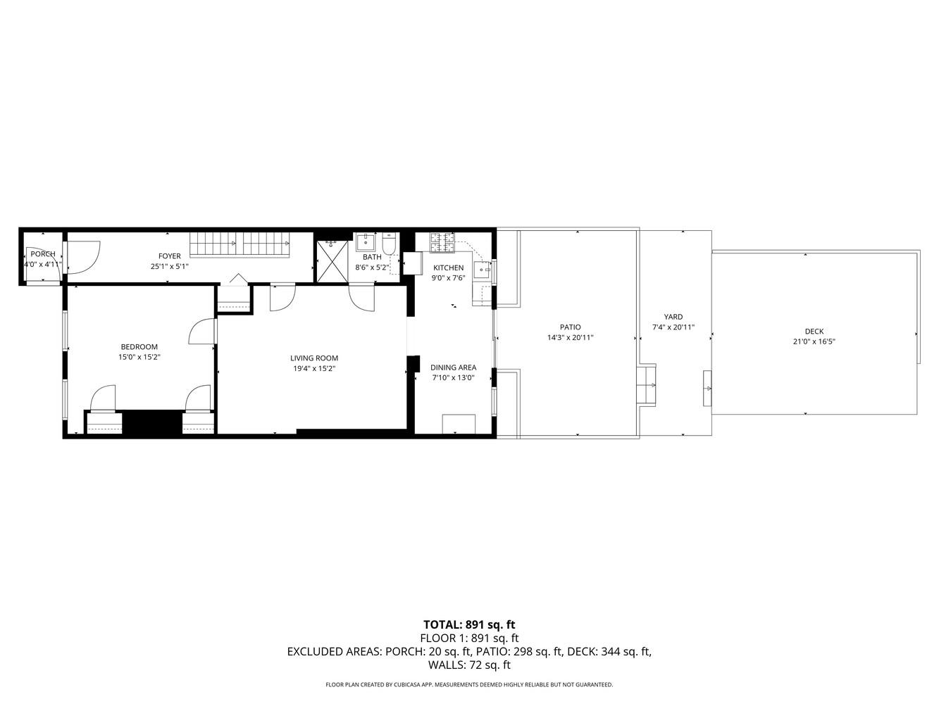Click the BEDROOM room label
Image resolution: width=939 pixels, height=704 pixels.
pos(139,346)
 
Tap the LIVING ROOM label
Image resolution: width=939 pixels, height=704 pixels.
pos(314,358)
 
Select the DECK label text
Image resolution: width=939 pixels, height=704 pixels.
pos(814,332)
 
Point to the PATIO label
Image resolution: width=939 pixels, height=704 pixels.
pos(570,327)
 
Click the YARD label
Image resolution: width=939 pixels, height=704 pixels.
pos(673,317)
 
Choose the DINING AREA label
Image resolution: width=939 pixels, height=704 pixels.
pos(453,367)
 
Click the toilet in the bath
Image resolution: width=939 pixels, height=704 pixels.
pos(389,246)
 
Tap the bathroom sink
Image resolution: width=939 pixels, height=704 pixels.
pos(366,244)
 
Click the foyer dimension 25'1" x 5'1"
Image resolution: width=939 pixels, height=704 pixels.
pos(169,267)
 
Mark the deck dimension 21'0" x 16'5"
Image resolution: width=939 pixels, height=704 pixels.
pos(814,342)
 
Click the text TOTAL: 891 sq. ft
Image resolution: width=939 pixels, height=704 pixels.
pos(469,624)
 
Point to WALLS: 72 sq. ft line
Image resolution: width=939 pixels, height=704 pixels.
pos(469,665)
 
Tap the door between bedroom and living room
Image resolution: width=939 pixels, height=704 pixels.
pos(202,331)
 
